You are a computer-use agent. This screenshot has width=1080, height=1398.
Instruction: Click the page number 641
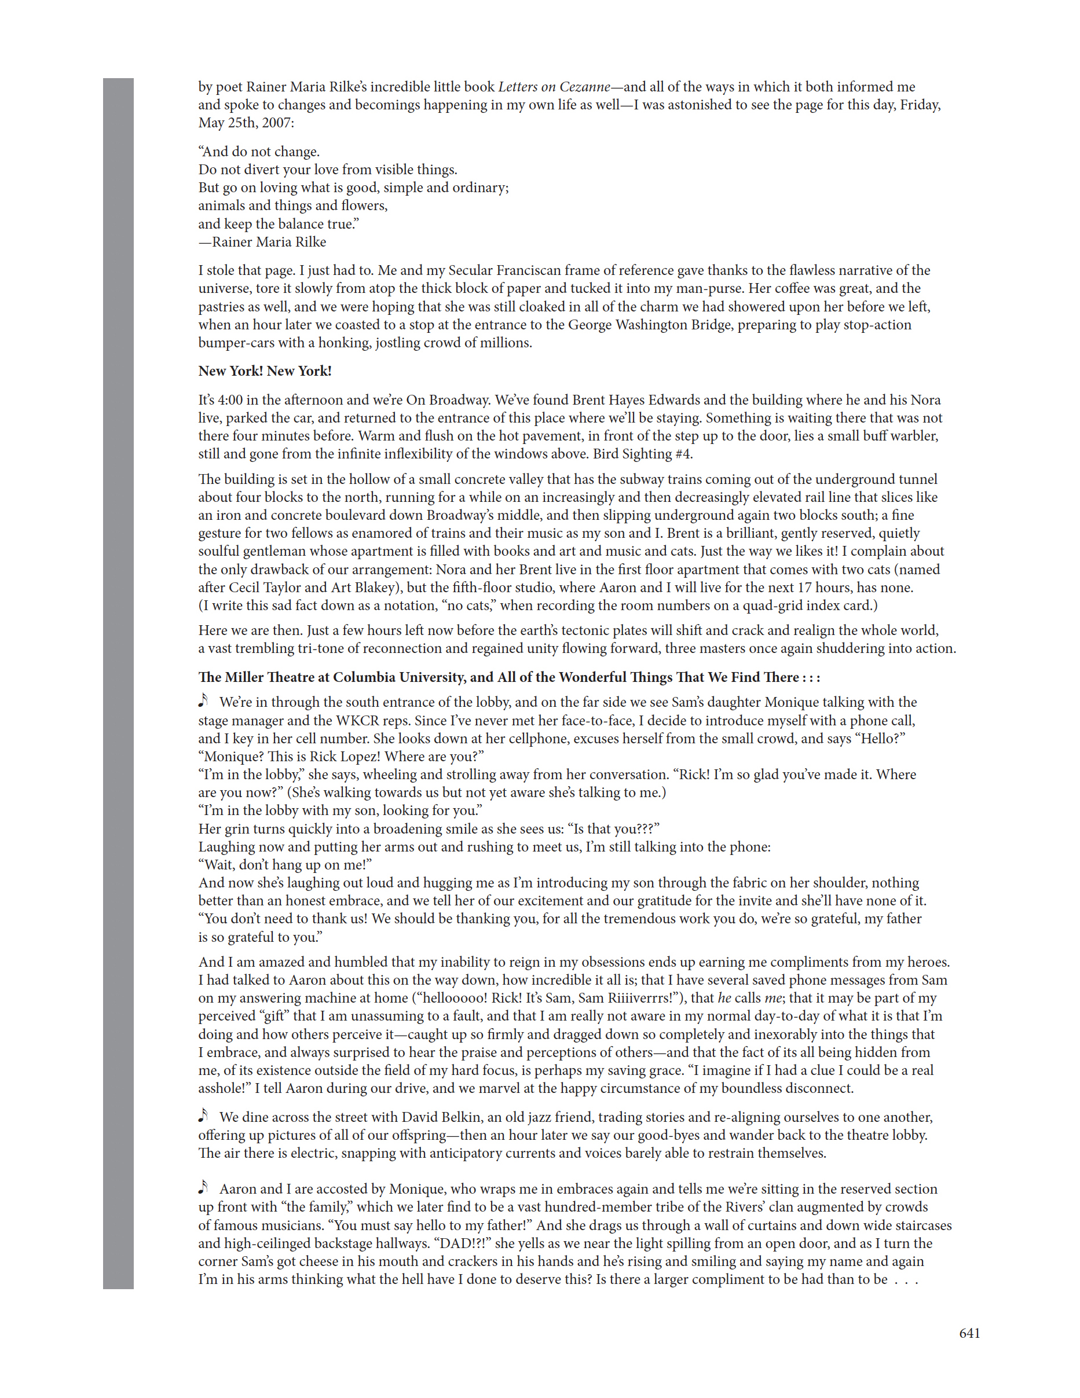click(969, 1333)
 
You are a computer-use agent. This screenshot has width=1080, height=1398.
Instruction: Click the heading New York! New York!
click(265, 371)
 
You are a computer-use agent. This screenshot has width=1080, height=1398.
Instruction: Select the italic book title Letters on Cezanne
click(554, 87)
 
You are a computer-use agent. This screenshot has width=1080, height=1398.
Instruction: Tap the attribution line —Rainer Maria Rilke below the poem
click(262, 242)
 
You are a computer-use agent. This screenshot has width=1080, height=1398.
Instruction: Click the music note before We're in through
click(204, 700)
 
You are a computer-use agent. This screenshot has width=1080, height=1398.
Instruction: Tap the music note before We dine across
click(204, 1116)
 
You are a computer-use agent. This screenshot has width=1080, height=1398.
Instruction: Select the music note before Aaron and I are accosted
click(204, 1187)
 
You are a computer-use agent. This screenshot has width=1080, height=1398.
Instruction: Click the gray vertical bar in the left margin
click(119, 678)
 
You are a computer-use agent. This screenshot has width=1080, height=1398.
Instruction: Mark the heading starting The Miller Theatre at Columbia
click(509, 677)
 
